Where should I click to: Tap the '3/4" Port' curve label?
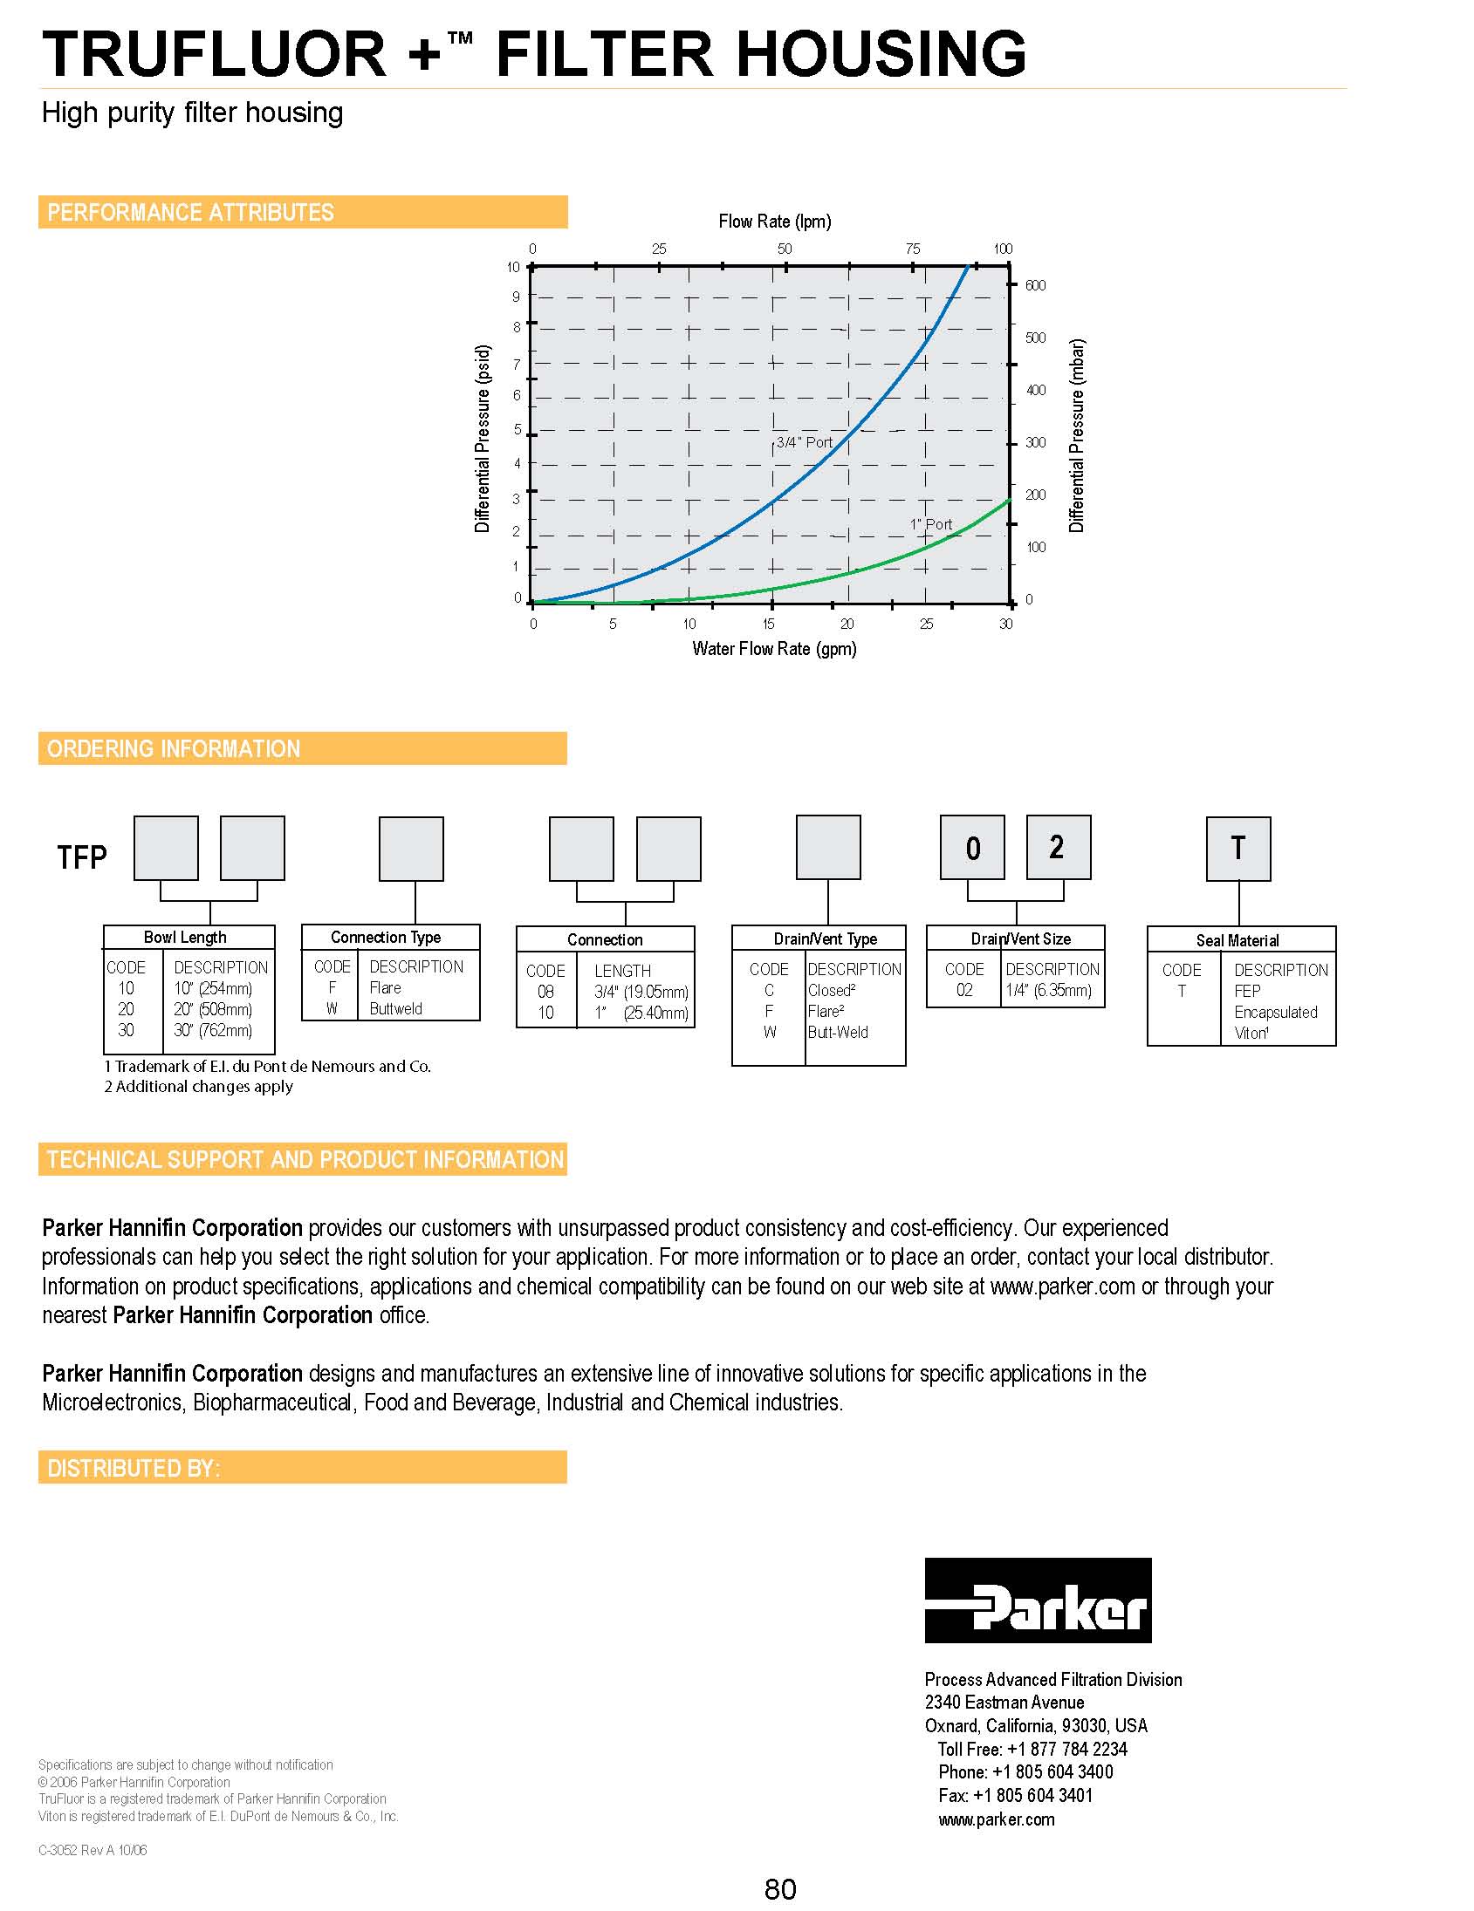click(804, 443)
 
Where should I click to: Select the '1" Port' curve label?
click(930, 524)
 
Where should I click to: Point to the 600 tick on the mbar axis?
click(1035, 285)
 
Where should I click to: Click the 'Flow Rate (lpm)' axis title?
click(775, 222)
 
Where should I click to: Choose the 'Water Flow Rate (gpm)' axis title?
click(774, 648)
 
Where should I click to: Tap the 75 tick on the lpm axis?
click(912, 249)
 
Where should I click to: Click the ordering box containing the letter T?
click(1237, 849)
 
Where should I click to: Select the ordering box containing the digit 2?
click(1059, 847)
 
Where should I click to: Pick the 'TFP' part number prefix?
click(82, 857)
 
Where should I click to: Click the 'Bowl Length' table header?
click(185, 937)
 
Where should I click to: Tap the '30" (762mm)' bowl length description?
click(213, 1030)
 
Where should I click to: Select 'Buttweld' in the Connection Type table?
click(395, 1009)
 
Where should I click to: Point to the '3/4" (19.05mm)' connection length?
click(641, 993)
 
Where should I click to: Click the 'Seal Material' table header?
click(1237, 940)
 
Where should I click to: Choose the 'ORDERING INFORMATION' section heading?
click(174, 749)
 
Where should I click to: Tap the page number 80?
click(780, 1889)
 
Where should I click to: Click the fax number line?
click(1014, 1796)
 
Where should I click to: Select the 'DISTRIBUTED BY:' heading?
click(133, 1468)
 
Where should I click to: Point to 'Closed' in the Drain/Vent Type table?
click(830, 991)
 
